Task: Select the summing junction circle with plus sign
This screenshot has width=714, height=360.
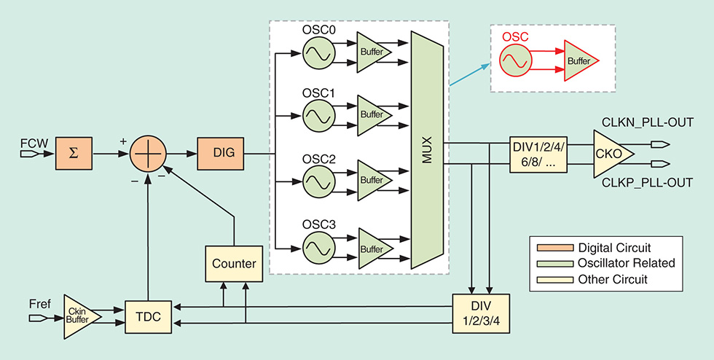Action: coord(149,154)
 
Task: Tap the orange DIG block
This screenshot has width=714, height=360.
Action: coord(219,154)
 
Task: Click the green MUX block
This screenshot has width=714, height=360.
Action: coord(427,149)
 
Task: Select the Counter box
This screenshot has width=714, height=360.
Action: coord(234,263)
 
